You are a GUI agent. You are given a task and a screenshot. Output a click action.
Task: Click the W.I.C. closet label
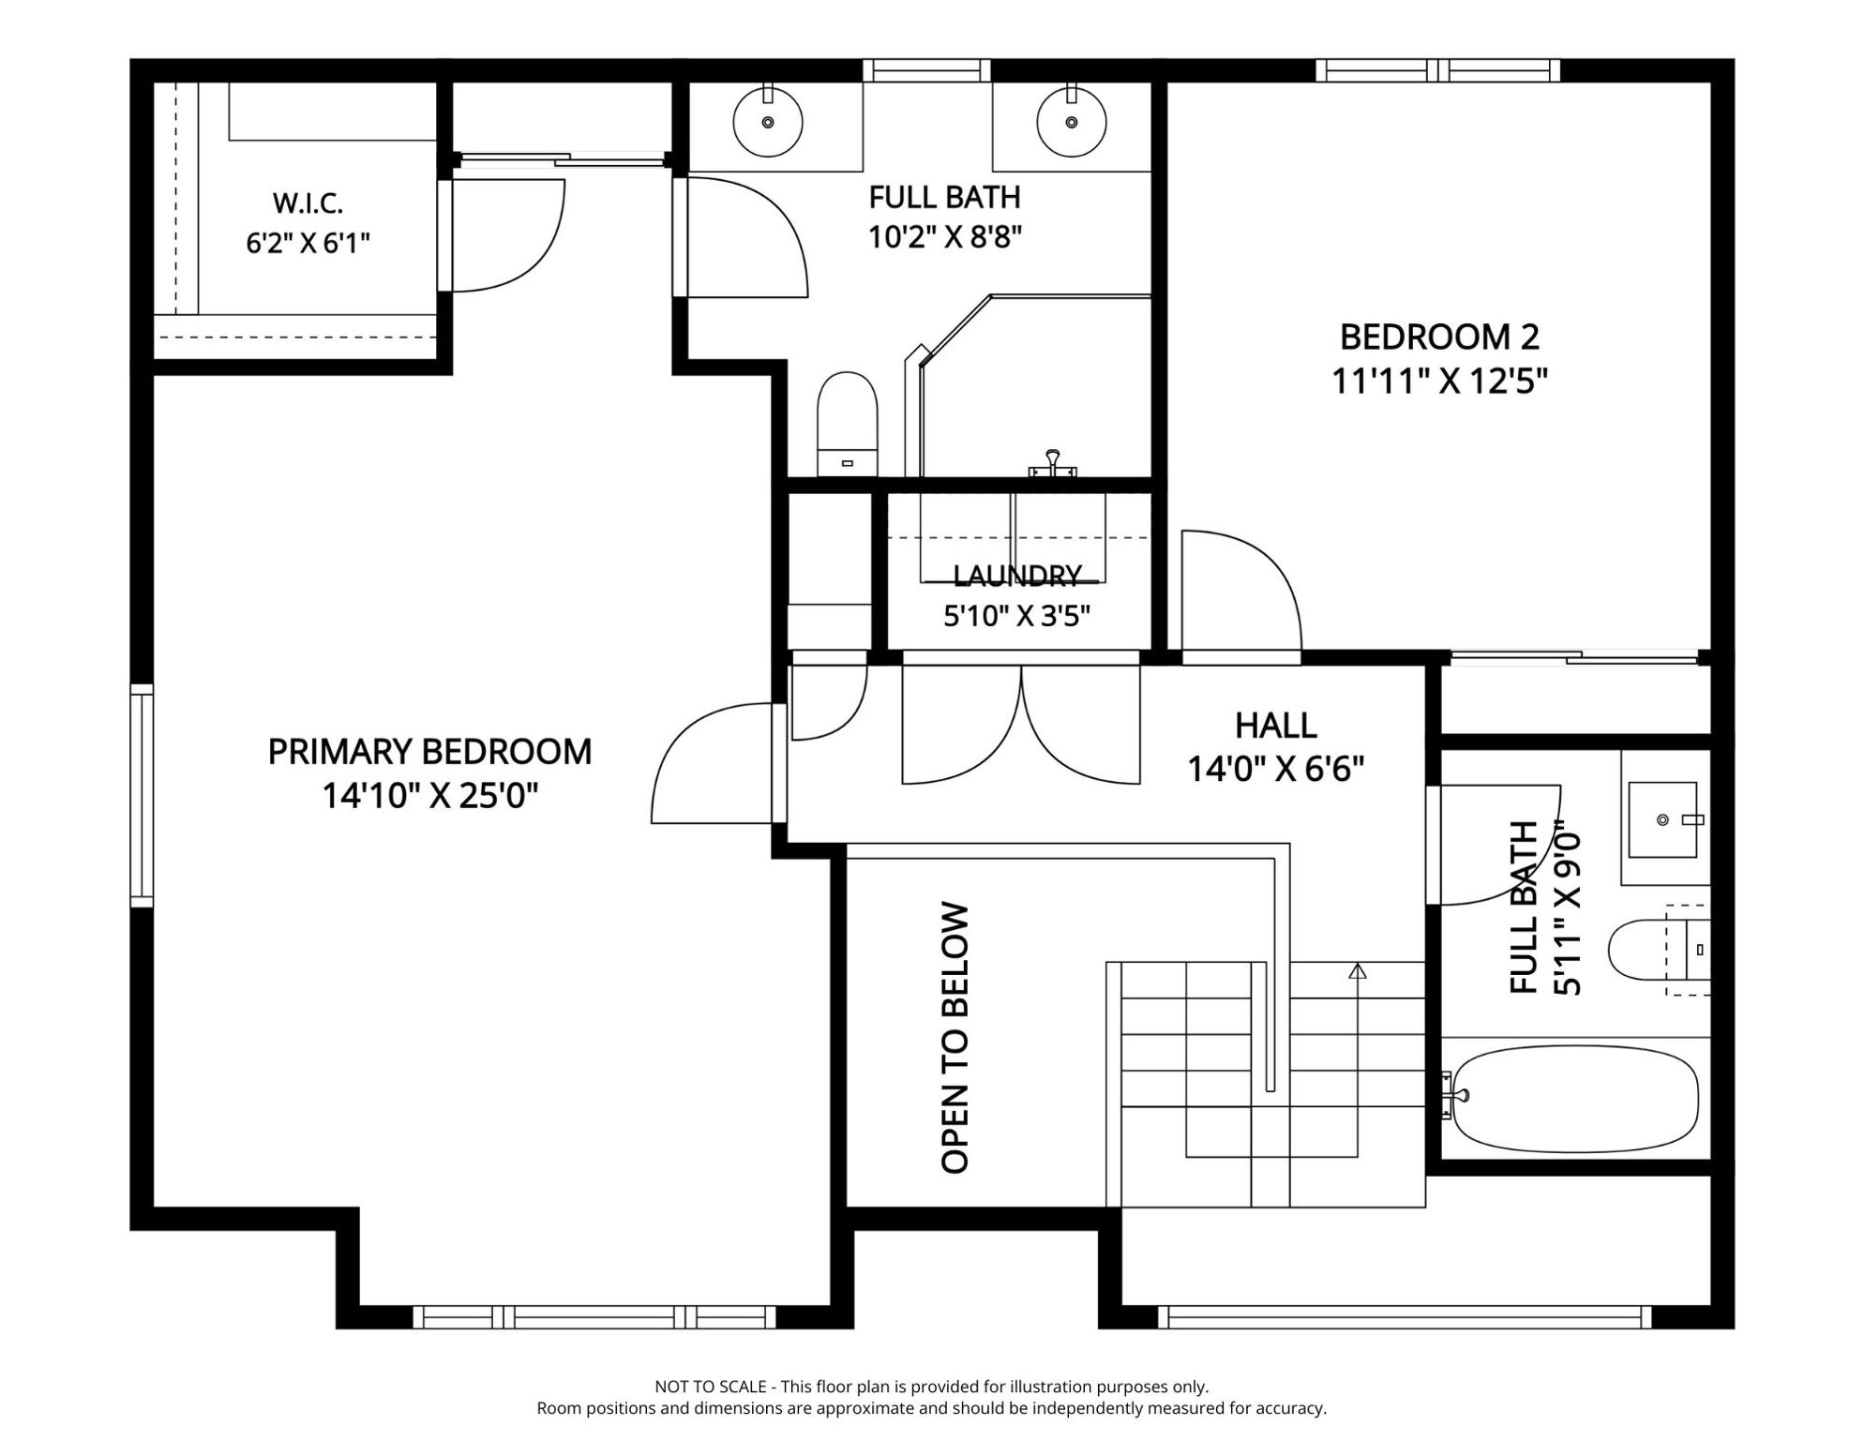308,202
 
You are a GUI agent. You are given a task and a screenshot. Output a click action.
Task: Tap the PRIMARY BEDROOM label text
429,752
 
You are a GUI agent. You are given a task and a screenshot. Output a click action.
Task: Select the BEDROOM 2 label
1439,337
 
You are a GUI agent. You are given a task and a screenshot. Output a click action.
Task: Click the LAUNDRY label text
1017,575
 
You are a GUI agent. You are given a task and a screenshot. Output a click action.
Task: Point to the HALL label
1275,725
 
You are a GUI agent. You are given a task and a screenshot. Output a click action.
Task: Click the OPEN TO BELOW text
955,1038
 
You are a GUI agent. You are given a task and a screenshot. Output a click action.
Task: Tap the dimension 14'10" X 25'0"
430,797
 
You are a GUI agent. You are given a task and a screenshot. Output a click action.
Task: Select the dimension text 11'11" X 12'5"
1439,382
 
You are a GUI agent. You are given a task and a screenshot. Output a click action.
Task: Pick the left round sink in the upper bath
768,122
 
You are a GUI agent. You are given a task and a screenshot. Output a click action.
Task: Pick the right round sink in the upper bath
1072,122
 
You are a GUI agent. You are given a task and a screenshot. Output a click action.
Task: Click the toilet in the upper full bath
848,424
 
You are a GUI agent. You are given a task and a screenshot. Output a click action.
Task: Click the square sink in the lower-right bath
1662,820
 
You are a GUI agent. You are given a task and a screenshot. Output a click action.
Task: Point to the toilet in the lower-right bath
1659,950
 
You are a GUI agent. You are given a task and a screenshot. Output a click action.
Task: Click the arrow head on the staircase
1357,971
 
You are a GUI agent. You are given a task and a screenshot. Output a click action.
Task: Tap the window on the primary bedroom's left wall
142,796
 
